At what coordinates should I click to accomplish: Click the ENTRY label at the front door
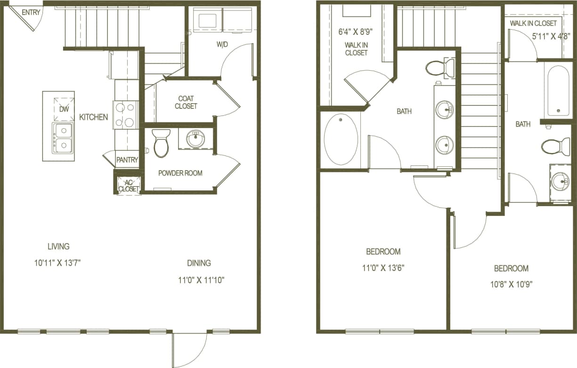point(31,12)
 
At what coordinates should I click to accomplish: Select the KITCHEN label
point(93,117)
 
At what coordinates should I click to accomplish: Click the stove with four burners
point(125,115)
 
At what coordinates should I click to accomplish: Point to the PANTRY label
point(127,160)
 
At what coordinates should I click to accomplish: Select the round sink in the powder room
point(195,139)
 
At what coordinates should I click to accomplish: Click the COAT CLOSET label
point(186,102)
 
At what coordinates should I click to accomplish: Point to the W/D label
point(223,45)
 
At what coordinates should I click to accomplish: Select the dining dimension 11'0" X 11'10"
point(201,280)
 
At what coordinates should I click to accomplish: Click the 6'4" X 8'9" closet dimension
point(356,33)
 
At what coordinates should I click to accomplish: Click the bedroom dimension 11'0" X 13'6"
point(383,268)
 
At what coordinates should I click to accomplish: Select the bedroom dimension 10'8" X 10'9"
point(511,284)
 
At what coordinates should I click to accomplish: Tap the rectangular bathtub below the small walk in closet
point(558,90)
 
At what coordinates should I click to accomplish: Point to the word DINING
point(199,263)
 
